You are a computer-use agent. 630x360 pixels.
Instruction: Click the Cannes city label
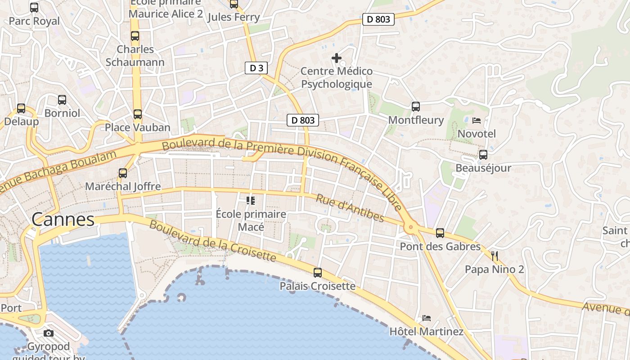click(x=63, y=220)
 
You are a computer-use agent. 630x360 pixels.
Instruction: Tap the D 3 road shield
click(x=256, y=68)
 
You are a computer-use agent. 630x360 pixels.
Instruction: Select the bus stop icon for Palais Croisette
click(x=318, y=272)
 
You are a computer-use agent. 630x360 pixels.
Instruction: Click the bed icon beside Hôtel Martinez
click(x=427, y=318)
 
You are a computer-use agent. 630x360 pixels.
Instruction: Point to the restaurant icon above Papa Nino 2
click(x=495, y=256)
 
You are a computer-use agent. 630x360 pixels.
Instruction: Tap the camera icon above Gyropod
click(x=49, y=333)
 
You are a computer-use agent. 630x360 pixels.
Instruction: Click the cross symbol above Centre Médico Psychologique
click(x=336, y=58)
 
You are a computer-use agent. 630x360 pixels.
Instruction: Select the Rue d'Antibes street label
click(x=350, y=208)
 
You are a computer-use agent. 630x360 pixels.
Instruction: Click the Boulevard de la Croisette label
click(x=212, y=241)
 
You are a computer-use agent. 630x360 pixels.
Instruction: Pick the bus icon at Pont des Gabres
click(x=440, y=233)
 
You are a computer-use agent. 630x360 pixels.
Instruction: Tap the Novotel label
click(x=477, y=134)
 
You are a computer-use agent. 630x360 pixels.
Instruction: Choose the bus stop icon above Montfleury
click(x=416, y=107)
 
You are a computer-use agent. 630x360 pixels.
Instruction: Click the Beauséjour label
click(x=483, y=168)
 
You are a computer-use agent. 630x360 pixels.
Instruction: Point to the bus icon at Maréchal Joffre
click(x=122, y=173)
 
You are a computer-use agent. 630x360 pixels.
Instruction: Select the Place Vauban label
click(x=138, y=127)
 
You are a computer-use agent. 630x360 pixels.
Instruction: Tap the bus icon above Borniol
click(x=62, y=100)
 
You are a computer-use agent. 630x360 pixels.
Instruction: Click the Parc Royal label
click(x=34, y=21)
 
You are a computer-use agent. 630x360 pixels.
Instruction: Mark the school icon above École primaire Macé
click(x=251, y=200)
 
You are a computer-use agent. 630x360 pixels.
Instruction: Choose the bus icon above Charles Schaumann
click(x=135, y=36)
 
